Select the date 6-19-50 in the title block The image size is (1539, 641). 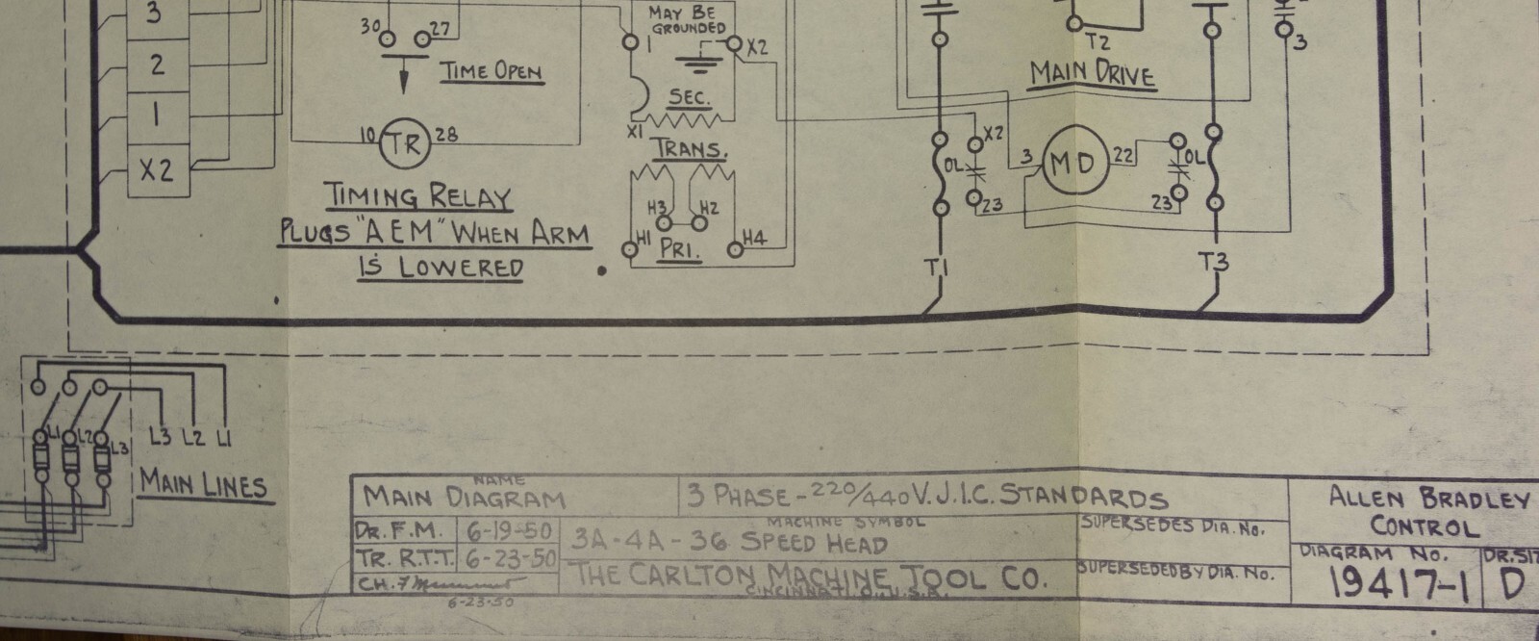[x=498, y=530]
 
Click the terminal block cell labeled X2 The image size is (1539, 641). [x=157, y=171]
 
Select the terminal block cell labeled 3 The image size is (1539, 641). [x=156, y=14]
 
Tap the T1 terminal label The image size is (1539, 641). [x=936, y=270]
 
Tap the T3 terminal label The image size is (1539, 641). [x=1216, y=261]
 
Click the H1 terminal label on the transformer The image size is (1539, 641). [x=642, y=237]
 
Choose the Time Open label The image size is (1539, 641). [x=491, y=71]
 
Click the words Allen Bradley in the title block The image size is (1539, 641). [x=1428, y=498]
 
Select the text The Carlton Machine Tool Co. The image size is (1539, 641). [x=808, y=577]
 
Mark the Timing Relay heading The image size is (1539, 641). [x=416, y=197]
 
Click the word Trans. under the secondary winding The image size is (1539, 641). [x=689, y=150]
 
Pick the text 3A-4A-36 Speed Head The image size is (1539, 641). [x=728, y=541]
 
